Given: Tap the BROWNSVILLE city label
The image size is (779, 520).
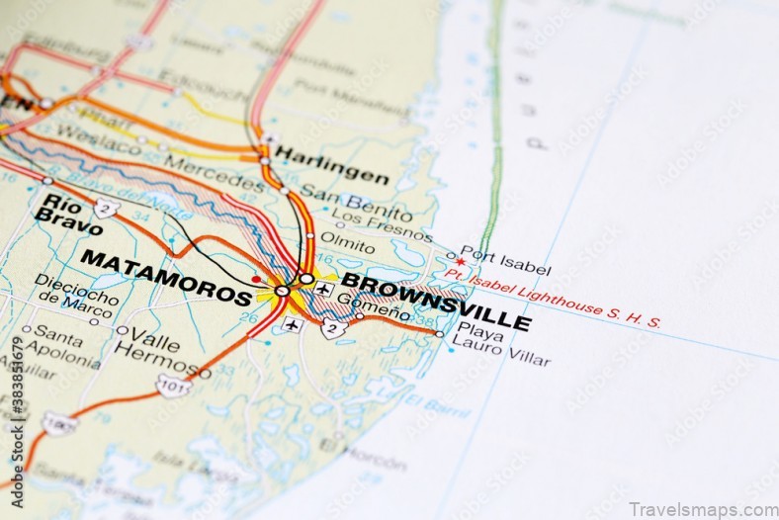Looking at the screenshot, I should (x=436, y=301).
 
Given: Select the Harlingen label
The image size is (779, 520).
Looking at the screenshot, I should (x=331, y=164).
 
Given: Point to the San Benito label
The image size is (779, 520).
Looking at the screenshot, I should (x=356, y=202).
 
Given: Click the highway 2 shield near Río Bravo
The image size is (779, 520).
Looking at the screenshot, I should (x=107, y=207).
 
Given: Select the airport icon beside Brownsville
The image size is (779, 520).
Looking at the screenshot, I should (x=323, y=290).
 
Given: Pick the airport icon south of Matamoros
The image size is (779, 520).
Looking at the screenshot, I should (x=290, y=322).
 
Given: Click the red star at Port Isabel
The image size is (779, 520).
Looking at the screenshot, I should (x=460, y=262).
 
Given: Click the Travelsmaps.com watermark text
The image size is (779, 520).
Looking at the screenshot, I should (x=703, y=508).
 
